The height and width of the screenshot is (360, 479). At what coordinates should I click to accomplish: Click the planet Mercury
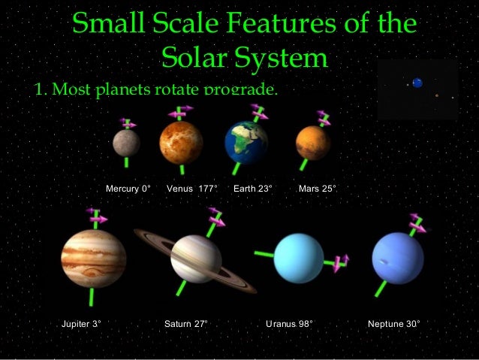(x=126, y=143)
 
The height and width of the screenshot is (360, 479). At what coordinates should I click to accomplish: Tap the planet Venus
(x=181, y=143)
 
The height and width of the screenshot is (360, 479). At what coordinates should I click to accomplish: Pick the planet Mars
(x=313, y=143)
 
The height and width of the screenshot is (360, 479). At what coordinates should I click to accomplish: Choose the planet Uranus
(x=299, y=258)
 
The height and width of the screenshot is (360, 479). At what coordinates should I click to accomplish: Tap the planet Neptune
(x=398, y=259)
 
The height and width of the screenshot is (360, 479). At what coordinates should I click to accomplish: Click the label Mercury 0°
(x=128, y=188)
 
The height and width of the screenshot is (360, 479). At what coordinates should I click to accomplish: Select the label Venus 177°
(x=191, y=188)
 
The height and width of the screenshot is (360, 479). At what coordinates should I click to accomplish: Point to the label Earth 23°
(x=252, y=188)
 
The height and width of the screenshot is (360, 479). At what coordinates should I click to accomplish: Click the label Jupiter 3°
(x=81, y=325)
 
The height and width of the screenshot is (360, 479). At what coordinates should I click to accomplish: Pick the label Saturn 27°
(x=185, y=325)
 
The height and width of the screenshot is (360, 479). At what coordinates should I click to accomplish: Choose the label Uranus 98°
(x=289, y=325)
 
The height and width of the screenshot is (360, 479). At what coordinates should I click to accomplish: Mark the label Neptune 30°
(x=393, y=325)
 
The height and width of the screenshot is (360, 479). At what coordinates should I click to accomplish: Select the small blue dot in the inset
(x=417, y=83)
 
